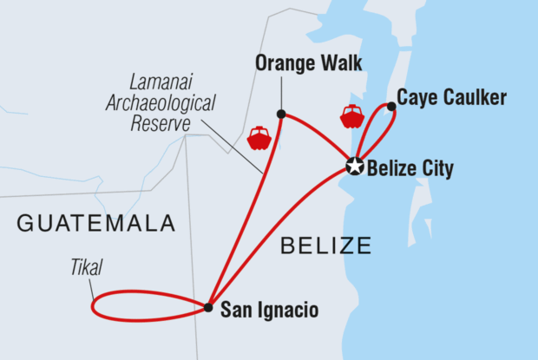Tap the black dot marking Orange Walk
coord(280,114)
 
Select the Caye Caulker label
coord(451,98)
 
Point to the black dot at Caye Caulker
coord(391,107)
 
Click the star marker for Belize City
coord(354,167)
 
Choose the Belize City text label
coord(410,168)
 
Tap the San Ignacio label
coord(270,309)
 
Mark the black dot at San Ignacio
coord(209,307)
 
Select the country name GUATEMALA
coord(96,224)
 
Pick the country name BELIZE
coord(325,245)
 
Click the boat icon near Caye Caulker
coord(351,117)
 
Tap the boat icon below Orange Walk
coord(259,138)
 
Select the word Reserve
coord(161,123)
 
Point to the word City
coord(436,168)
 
